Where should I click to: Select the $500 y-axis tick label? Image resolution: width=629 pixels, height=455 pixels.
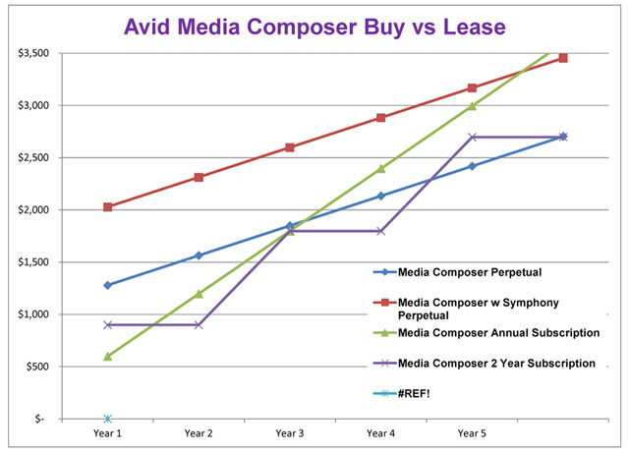click(x=35, y=367)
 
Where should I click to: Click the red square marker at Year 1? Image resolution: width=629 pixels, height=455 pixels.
click(x=107, y=207)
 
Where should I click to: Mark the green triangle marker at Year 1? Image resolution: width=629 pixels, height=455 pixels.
click(x=107, y=356)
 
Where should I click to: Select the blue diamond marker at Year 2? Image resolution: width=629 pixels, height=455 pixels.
click(x=199, y=256)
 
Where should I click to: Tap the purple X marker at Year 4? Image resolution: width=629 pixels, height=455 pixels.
click(x=381, y=231)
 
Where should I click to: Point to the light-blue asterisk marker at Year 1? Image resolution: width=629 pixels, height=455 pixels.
click(x=107, y=419)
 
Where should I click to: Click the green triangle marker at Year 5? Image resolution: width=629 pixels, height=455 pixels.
click(x=472, y=105)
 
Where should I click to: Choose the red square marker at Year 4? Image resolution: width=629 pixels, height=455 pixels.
click(x=381, y=118)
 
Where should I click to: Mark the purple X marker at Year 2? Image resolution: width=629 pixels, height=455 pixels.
click(x=199, y=324)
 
